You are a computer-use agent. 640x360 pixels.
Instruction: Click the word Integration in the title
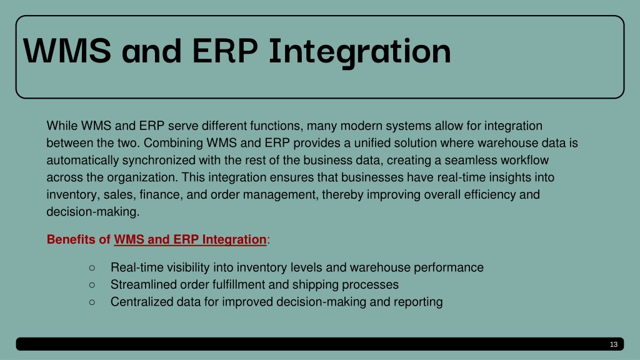(359, 52)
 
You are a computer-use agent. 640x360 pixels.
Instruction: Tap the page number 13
(614, 344)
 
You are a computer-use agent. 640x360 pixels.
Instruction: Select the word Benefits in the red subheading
(71, 239)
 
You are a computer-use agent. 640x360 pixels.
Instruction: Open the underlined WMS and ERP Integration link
(190, 239)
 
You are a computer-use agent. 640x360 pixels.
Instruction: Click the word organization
(142, 177)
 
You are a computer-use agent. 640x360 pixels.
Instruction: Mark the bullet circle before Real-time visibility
(92, 267)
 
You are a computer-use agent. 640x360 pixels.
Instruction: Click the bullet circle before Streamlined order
(92, 285)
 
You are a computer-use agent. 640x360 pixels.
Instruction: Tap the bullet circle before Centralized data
(92, 302)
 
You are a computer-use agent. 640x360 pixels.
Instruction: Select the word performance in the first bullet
(449, 267)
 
